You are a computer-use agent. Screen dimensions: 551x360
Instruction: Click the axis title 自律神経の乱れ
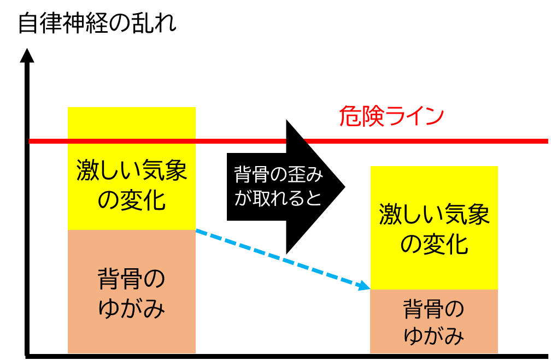[x=97, y=23]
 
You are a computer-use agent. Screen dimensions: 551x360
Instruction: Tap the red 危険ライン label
[x=391, y=116]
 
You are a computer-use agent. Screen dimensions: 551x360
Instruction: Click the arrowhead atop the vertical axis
[x=27, y=56]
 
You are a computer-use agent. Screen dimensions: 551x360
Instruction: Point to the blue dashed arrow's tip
[x=370, y=289]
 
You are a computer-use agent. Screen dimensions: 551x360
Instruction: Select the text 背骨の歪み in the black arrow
[x=278, y=175]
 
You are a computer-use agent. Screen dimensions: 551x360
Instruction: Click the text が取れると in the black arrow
[x=278, y=198]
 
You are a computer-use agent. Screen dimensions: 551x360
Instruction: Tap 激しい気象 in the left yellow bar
[x=131, y=170]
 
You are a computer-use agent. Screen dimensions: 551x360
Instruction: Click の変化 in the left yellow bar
[x=131, y=200]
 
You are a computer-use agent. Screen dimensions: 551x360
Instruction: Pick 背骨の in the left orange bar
[x=131, y=279]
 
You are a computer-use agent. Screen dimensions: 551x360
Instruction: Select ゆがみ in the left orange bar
[x=131, y=309]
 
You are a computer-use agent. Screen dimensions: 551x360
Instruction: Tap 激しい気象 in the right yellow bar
[x=435, y=214]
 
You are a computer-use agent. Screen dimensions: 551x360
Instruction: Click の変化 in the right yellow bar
[x=435, y=244]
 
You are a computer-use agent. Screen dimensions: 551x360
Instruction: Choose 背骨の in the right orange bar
[x=433, y=309]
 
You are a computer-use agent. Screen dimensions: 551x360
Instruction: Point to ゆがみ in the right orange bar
[x=433, y=335]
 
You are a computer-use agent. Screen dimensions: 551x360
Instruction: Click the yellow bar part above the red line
[x=131, y=123]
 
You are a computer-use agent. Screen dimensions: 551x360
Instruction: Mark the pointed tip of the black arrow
[x=345, y=187]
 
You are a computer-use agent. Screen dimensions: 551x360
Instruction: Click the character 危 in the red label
[x=350, y=116]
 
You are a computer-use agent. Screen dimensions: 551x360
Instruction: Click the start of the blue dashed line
[x=196, y=230]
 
